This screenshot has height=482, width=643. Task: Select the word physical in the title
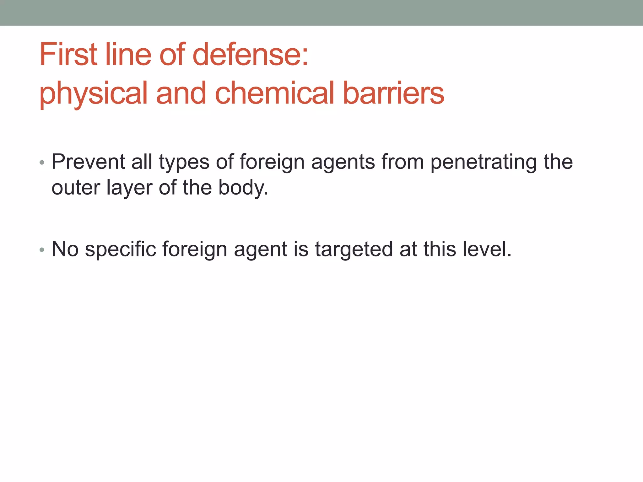(93, 94)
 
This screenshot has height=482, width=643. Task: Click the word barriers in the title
(393, 93)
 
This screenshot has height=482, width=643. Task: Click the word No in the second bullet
(65, 249)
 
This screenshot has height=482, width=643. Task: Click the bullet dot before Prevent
(42, 163)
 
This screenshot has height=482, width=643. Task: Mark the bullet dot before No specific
(42, 250)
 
